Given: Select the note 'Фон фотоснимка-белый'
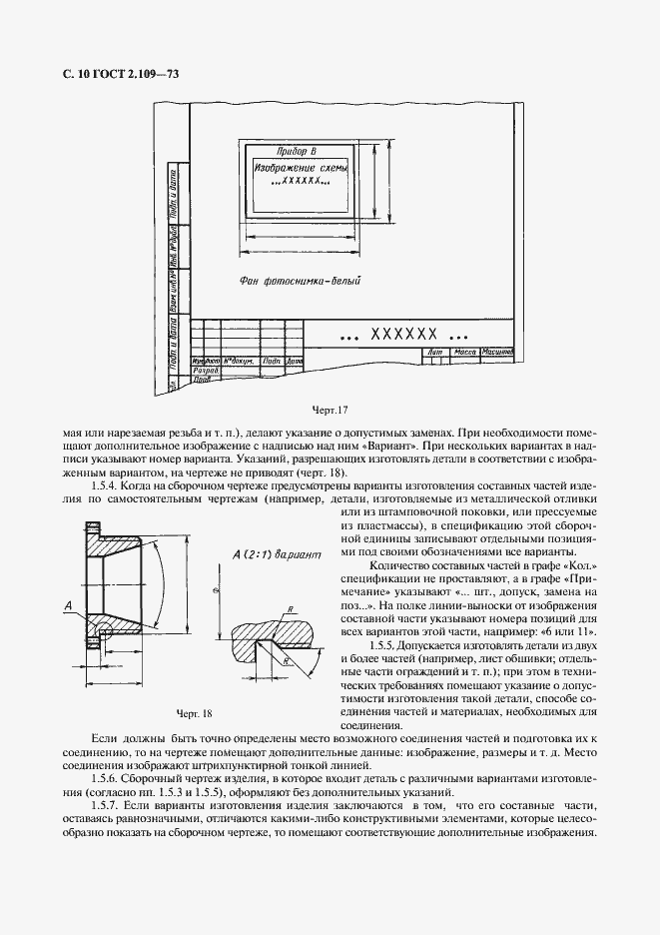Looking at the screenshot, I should coord(300,283).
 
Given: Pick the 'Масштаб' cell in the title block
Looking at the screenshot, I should coord(496,353).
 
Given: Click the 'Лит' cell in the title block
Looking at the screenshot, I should coord(433,353).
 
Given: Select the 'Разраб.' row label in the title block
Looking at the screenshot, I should coord(205,370).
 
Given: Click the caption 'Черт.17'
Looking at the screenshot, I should coord(330,409).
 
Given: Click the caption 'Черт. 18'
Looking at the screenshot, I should coord(195,713).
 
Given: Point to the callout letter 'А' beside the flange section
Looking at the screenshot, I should coord(66,606).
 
